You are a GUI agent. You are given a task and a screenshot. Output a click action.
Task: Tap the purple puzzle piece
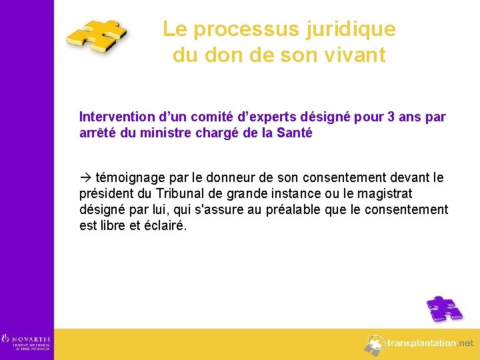(444, 309)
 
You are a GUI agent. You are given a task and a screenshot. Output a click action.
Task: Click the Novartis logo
(26, 341)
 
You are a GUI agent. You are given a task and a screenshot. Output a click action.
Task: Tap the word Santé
(295, 133)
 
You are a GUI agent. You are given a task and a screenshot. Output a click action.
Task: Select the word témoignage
(131, 178)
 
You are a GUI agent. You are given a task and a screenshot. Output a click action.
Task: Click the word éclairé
(164, 226)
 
